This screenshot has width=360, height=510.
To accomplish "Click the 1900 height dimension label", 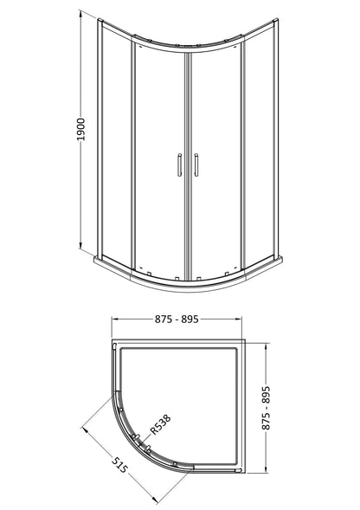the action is (80, 130).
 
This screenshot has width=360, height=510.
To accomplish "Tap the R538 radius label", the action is (160, 425).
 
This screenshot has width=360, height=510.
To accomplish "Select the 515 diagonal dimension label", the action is (119, 465).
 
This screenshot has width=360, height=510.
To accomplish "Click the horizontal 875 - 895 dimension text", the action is (177, 320).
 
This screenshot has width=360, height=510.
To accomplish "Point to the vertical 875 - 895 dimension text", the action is (266, 408).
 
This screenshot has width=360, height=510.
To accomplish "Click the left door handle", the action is (179, 165).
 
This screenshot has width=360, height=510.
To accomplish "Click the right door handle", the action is (196, 165).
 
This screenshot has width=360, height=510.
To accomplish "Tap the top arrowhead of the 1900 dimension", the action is (80, 15).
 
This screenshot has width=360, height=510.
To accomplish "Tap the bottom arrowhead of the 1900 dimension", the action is (80, 245).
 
